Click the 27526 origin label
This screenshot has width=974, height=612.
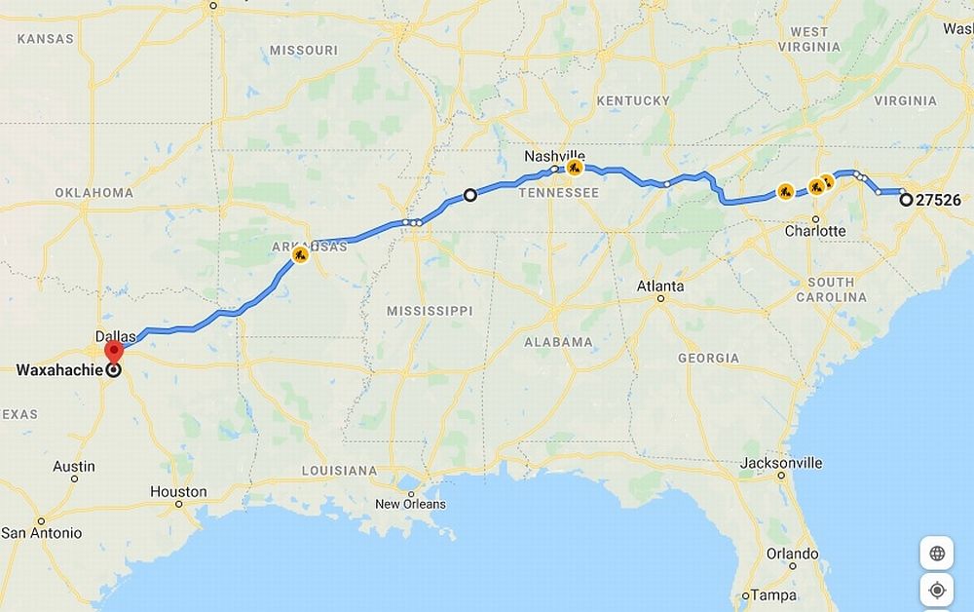(939, 201)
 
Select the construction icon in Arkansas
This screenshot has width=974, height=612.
(300, 255)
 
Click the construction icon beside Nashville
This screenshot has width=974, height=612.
(575, 168)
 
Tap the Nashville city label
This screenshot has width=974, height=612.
(554, 156)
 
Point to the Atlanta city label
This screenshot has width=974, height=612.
(660, 287)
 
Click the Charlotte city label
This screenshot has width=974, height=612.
(815, 231)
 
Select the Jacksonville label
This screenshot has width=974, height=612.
(781, 463)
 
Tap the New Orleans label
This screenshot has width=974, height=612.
(410, 504)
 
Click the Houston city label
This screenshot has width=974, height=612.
(178, 492)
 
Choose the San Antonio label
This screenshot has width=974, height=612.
(41, 533)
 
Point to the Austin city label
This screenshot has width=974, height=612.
(74, 467)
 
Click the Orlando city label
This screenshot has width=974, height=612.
(792, 554)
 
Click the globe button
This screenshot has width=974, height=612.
(937, 554)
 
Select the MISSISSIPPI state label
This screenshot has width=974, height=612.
(430, 311)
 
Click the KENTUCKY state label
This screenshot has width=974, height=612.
(633, 101)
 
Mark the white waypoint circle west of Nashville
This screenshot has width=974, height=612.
(469, 195)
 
